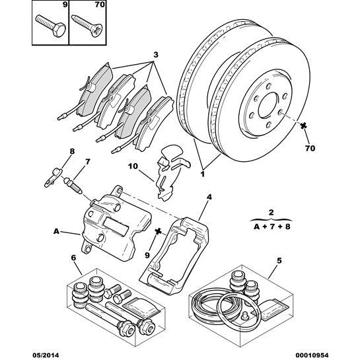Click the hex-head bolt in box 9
pos(51,26)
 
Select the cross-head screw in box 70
pos(87,25)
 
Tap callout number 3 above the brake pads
pos(156,55)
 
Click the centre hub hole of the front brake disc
pos(269,106)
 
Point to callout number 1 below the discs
pos(203,174)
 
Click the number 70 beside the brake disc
pos(310,148)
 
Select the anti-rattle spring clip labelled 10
pos(171,172)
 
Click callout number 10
pos(133,166)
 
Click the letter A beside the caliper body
pos(57,231)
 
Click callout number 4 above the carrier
pos(209,197)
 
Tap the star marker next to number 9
pos(158,232)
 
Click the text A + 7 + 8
pos(272,227)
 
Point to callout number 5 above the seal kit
pos(279,260)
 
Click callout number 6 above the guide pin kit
pos(73,258)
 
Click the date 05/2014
pos(46,355)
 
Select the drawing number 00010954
pos(314,355)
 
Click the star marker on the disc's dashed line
pos(303,125)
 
